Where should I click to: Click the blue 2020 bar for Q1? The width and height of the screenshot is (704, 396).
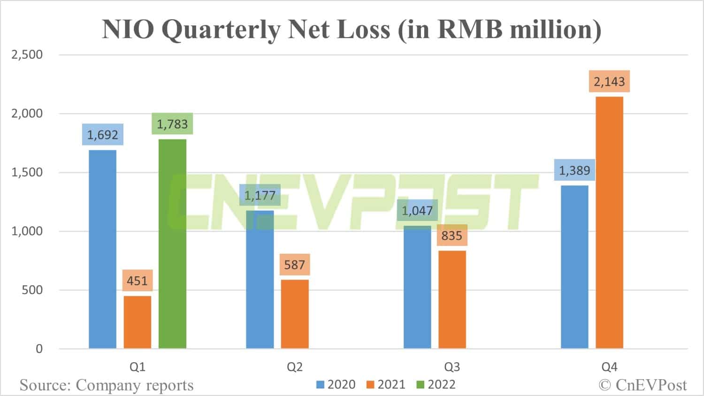point(102,249)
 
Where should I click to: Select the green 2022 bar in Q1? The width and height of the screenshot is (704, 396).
point(172,244)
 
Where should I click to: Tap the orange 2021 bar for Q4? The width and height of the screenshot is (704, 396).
point(609,222)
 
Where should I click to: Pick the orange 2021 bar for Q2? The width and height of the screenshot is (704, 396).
point(295,314)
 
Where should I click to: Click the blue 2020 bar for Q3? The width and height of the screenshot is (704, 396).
point(417,287)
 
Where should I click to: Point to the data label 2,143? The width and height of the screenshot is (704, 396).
point(609,82)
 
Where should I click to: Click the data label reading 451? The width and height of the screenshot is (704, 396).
point(137,281)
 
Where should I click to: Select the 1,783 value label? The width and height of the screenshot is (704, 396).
point(172,124)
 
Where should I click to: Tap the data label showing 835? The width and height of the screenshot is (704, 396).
point(451,236)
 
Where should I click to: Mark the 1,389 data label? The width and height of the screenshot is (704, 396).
point(574,170)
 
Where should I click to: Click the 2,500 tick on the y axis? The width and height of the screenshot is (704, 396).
point(27,54)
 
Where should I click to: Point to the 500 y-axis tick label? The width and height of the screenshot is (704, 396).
point(32,290)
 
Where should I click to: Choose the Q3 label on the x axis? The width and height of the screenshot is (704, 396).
point(451,367)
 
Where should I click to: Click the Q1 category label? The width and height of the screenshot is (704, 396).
point(137,367)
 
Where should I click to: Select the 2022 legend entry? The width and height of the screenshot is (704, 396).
point(436,385)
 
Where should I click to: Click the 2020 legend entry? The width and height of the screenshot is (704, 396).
point(336,385)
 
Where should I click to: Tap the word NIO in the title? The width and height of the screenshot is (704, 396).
point(128,29)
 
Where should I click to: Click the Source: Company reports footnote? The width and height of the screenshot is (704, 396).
point(107,385)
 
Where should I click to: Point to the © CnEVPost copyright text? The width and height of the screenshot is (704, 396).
point(643,385)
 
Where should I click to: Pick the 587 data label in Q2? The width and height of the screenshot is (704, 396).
point(294,265)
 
